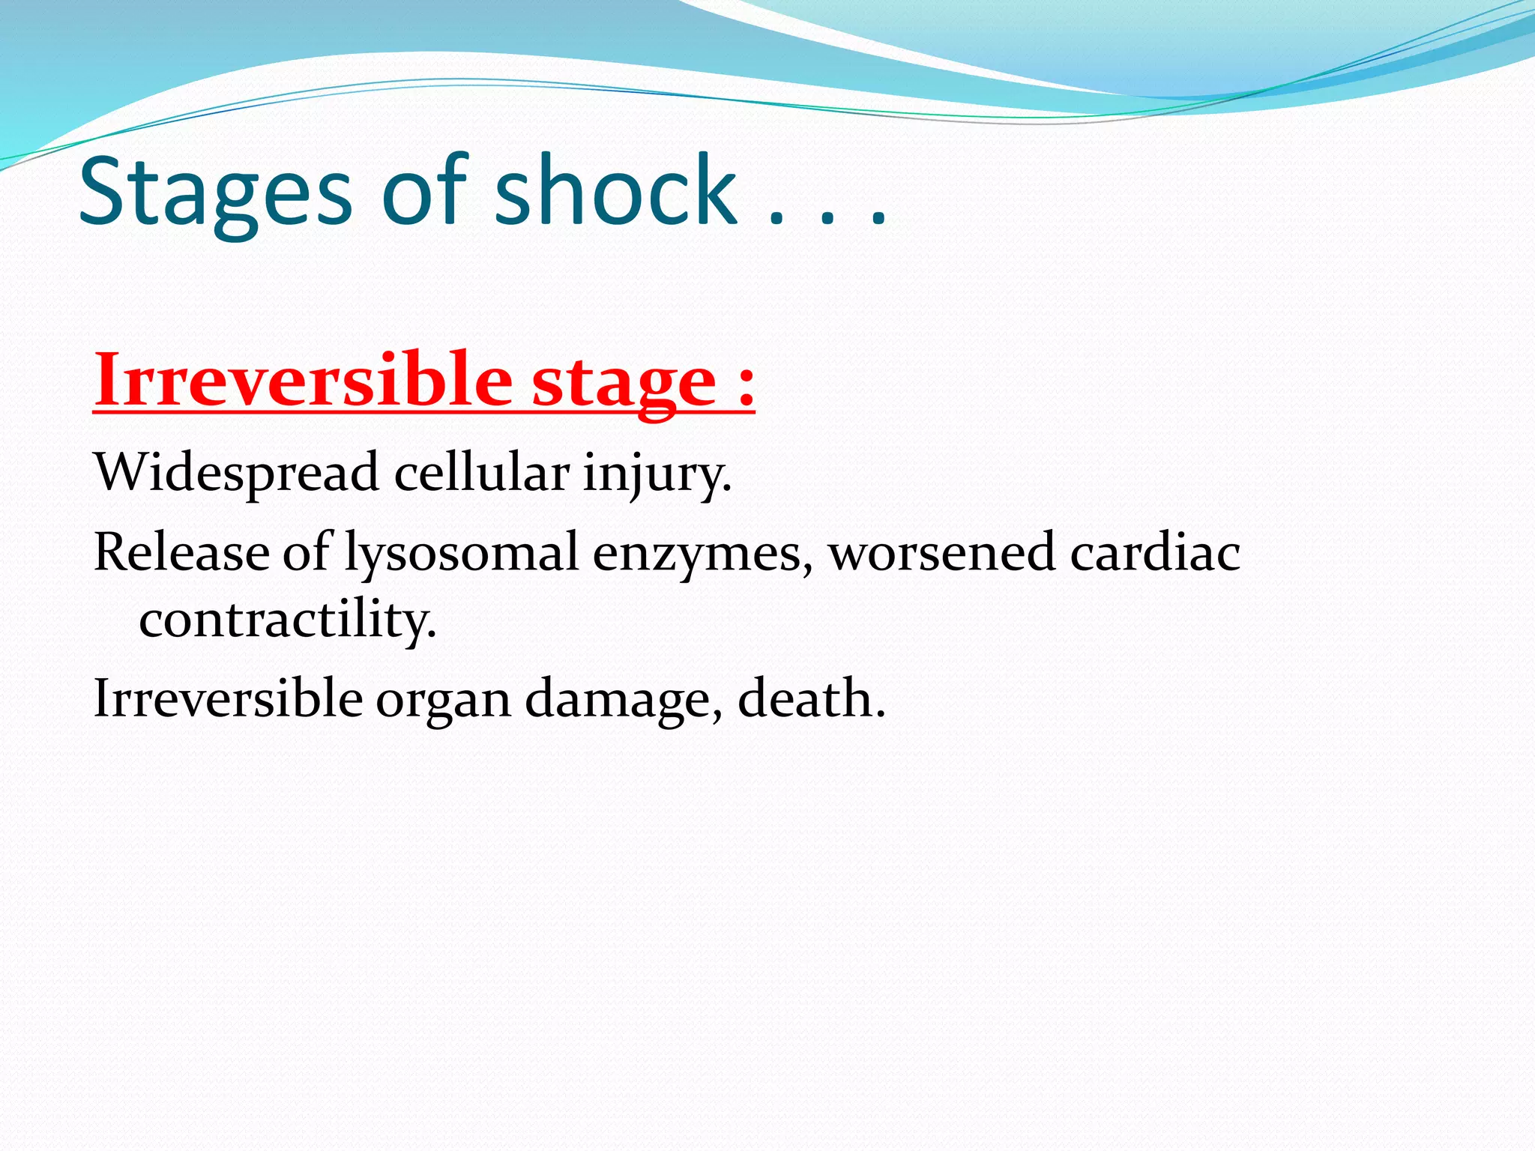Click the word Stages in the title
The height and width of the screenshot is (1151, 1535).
[215, 193]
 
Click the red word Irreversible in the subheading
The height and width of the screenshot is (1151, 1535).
[303, 380]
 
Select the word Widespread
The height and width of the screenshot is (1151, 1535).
[236, 474]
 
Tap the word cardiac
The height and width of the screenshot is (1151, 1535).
[1155, 553]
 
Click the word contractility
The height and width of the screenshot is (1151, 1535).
[287, 621]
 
